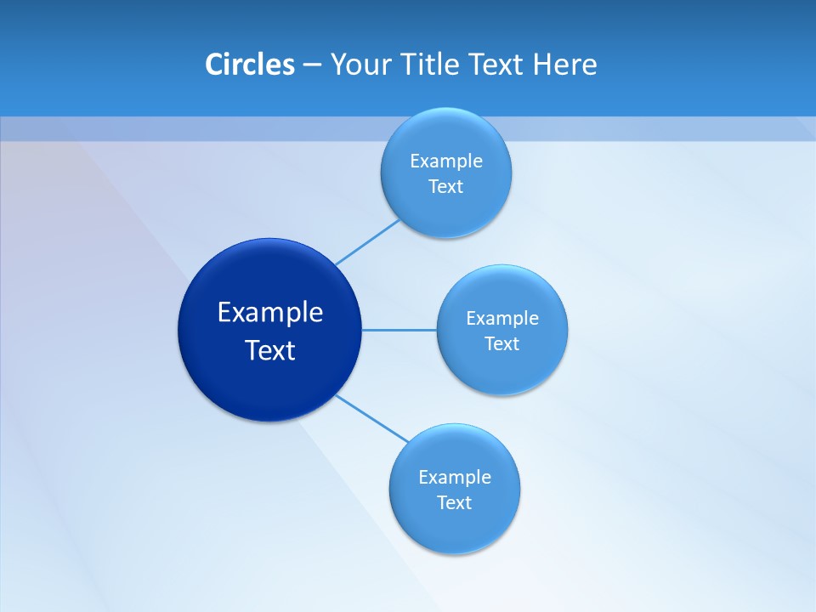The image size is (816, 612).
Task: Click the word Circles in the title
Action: point(250,65)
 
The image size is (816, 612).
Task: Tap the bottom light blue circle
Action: point(455,531)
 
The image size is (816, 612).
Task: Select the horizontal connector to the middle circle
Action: point(399,330)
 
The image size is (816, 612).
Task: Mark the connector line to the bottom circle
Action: point(372,418)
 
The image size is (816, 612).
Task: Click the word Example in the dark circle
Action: point(270,313)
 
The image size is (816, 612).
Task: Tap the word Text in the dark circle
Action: point(270,350)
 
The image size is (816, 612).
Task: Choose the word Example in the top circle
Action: point(446,161)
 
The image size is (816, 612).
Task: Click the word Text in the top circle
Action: point(446,186)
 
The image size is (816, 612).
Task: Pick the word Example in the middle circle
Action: point(502,318)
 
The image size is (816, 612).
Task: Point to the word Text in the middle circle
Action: point(502,343)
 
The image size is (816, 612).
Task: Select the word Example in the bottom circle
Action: point(455,477)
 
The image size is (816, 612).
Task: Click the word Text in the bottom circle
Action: point(455,502)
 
